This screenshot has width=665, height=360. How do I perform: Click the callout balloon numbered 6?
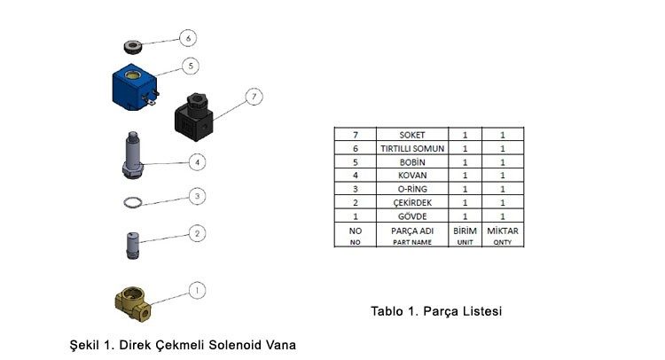pyautogui.click(x=187, y=38)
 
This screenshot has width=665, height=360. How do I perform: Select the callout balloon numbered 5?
pyautogui.click(x=188, y=66)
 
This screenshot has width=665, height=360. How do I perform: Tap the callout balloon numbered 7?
pyautogui.click(x=254, y=95)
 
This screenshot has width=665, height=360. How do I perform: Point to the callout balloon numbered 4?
pyautogui.click(x=199, y=161)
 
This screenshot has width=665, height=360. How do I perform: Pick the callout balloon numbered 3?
pyautogui.click(x=199, y=196)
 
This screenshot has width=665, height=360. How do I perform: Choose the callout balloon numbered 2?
pyautogui.click(x=199, y=233)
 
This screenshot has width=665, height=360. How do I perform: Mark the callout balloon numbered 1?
pyautogui.click(x=199, y=290)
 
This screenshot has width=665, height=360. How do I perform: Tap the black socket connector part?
pyautogui.click(x=194, y=117)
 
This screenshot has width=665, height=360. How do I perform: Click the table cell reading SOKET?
pyautogui.click(x=413, y=136)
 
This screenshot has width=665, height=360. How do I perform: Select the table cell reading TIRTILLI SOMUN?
pyautogui.click(x=413, y=149)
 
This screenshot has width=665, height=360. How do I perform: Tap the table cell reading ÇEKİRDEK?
pyautogui.click(x=413, y=203)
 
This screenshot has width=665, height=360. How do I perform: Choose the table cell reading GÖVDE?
pyautogui.click(x=413, y=216)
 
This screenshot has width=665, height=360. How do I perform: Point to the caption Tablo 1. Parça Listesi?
pyautogui.click(x=436, y=311)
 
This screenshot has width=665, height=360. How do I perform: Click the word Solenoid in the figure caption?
pyautogui.click(x=238, y=344)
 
